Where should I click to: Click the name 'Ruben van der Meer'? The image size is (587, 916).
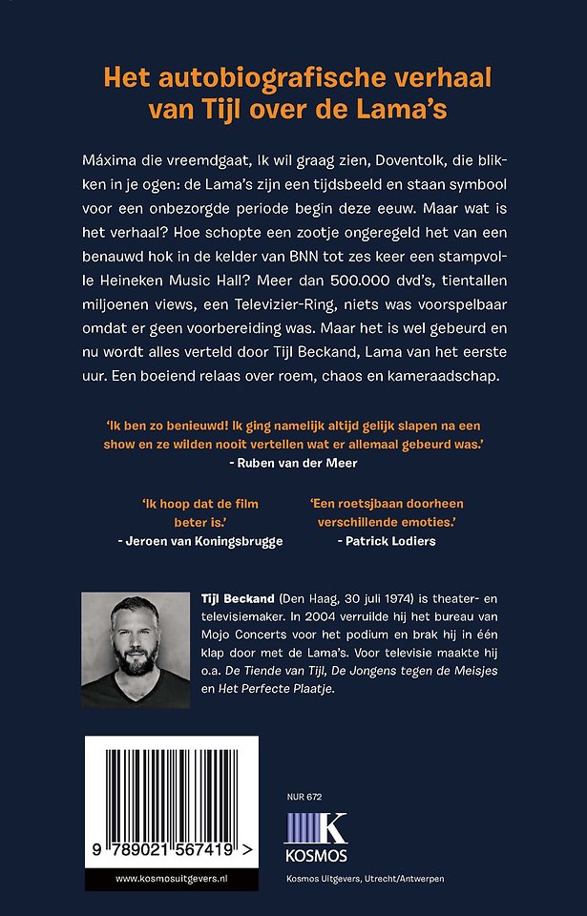coord(293,461)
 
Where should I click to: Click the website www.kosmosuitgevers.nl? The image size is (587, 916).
coord(171,875)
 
